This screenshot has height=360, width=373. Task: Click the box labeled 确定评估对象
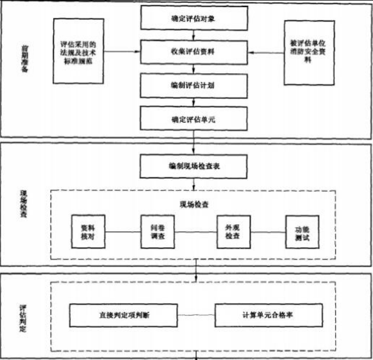coord(193,19)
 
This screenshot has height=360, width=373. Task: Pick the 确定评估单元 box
coord(193,120)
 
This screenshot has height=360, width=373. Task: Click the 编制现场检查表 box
coord(193,166)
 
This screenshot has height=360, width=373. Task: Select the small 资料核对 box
coord(88,232)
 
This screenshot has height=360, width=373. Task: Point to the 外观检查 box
coord(232,232)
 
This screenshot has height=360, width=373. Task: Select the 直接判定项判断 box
coord(124,315)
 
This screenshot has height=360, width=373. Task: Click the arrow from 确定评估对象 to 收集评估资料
coord(193,35)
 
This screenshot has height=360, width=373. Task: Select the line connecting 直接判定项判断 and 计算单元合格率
coord(196,315)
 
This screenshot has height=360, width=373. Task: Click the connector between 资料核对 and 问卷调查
coord(123,232)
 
